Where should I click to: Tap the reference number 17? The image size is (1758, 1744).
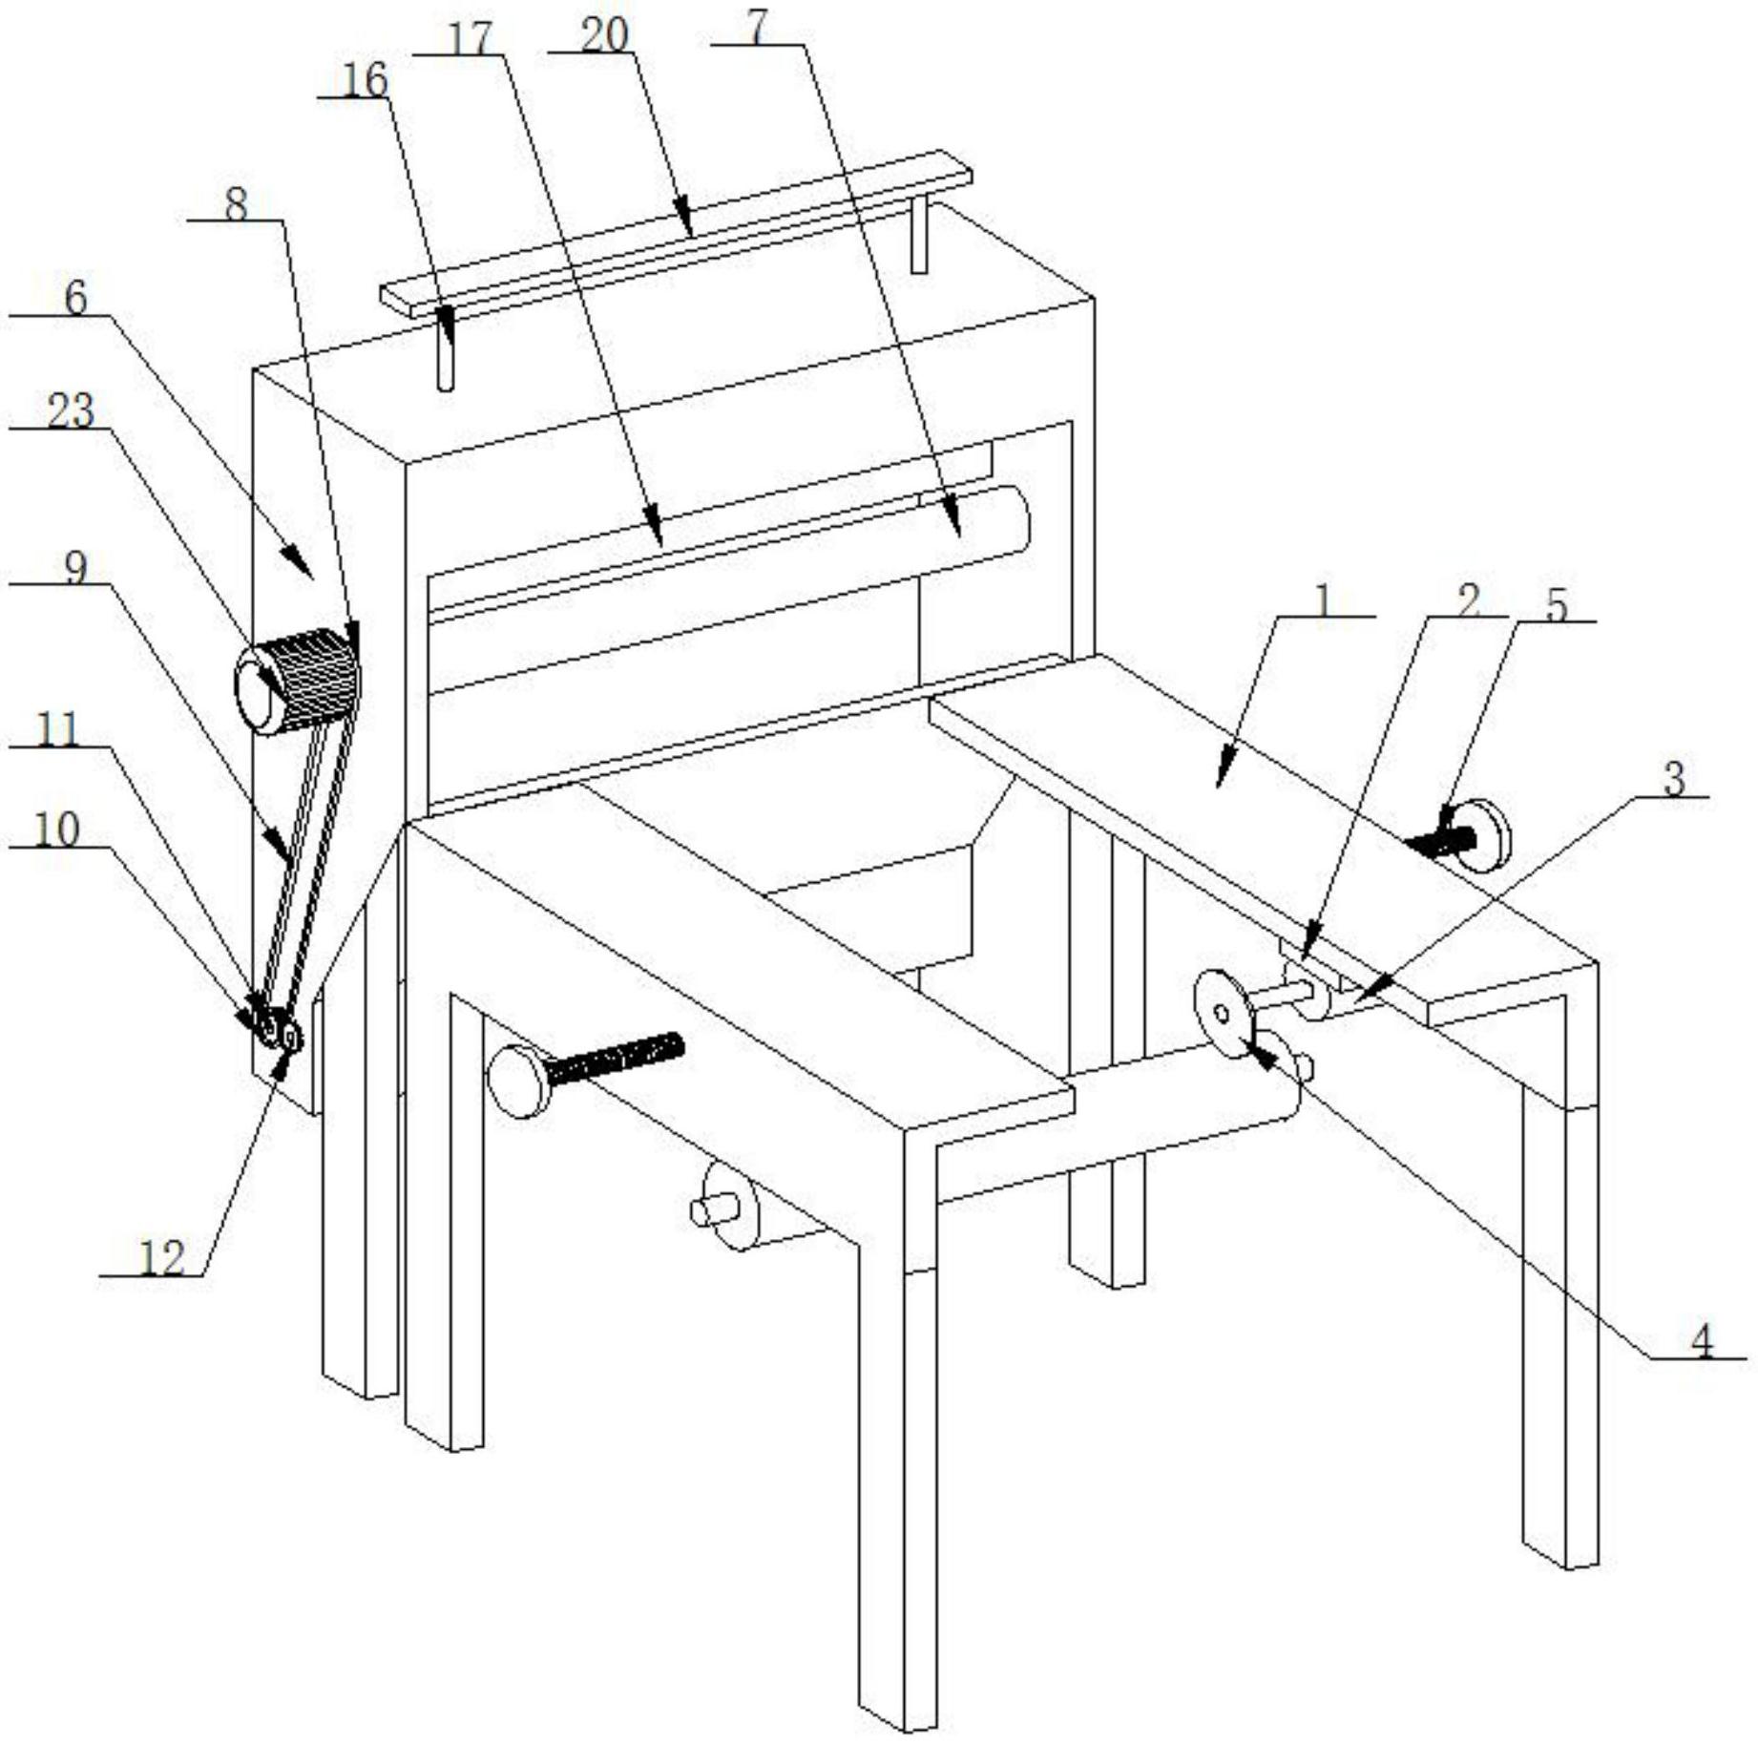pos(471,39)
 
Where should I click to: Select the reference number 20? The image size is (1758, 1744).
pos(604,35)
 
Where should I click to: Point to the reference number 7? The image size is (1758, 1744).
pos(757,28)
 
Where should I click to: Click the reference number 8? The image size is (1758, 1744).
pos(236,203)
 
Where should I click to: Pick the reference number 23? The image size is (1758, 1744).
pos(71,412)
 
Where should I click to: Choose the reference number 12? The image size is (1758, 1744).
pos(162,1258)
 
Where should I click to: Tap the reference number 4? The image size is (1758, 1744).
pos(1702,1341)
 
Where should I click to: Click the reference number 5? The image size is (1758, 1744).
pos(1557,605)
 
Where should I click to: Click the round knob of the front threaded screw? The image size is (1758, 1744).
pos(516,1081)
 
